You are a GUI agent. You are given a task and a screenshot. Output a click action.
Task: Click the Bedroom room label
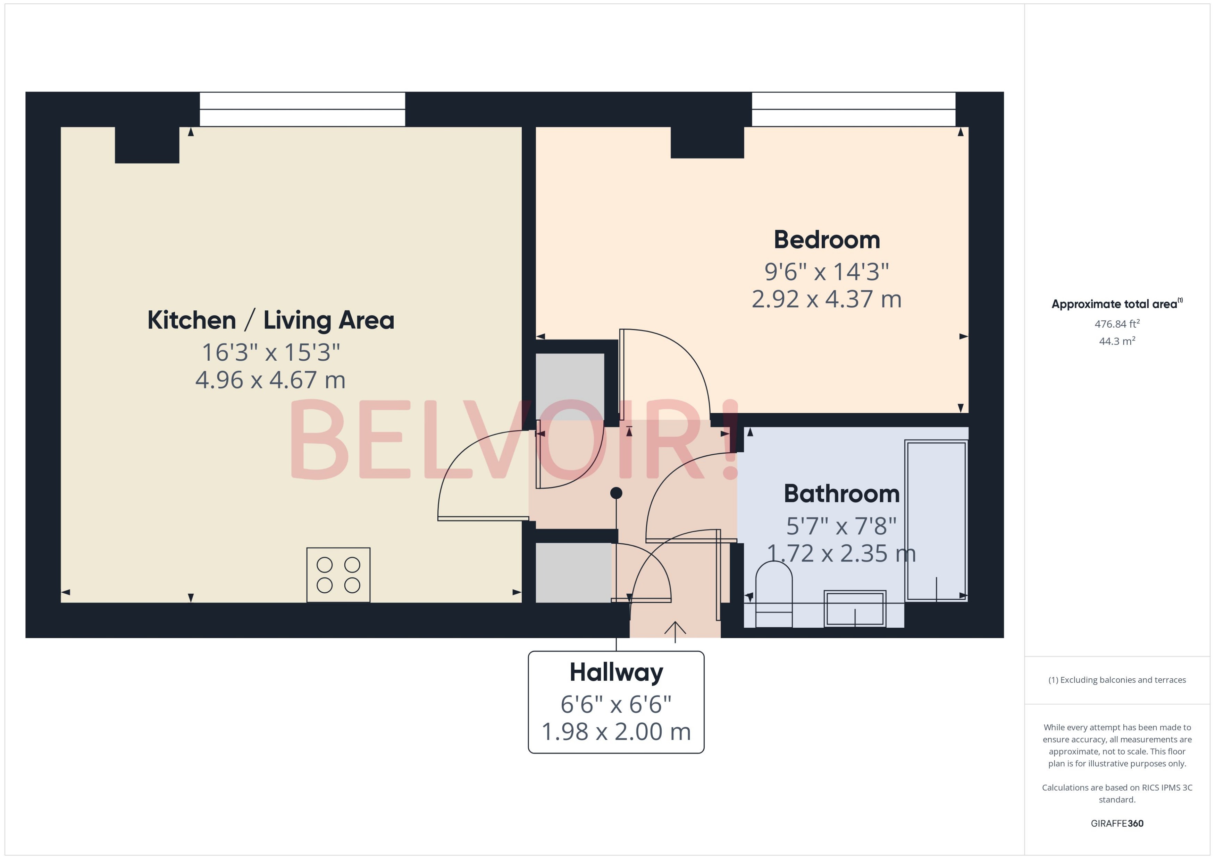(827, 240)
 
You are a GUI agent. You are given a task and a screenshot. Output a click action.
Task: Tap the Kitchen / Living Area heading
(270, 320)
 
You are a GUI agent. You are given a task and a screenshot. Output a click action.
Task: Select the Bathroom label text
(841, 494)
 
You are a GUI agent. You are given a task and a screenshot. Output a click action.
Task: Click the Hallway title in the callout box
(616, 672)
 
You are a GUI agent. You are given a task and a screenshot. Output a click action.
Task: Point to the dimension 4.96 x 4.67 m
(270, 380)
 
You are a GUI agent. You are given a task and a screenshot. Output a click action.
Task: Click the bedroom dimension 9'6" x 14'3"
(827, 272)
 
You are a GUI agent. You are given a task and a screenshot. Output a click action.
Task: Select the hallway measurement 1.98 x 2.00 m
(616, 731)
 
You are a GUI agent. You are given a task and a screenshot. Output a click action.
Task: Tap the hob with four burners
(338, 575)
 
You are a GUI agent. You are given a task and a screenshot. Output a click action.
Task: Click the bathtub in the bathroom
(936, 521)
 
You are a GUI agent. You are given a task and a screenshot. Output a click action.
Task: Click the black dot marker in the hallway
(616, 493)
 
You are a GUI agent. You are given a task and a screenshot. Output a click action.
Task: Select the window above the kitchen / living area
(302, 110)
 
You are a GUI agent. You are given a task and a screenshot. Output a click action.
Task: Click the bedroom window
(853, 110)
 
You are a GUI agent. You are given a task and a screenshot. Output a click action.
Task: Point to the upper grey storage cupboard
(570, 386)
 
